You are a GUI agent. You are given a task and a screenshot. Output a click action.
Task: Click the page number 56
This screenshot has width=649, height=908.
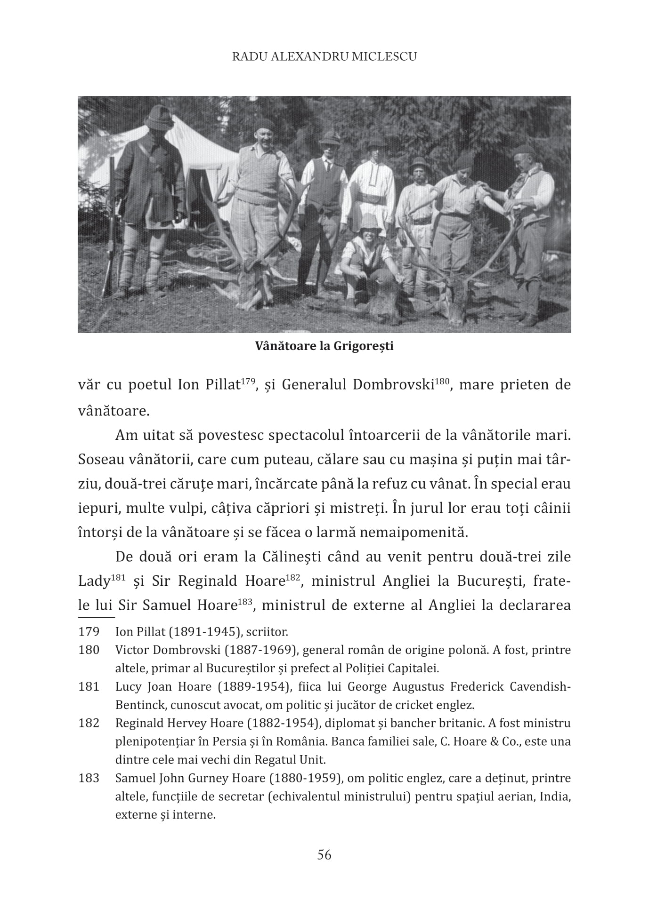tap(324, 854)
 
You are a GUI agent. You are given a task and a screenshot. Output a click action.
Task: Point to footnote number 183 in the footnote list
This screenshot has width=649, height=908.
tap(89, 778)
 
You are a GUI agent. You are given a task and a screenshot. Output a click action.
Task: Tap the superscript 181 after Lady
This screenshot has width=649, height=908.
tap(117, 577)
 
